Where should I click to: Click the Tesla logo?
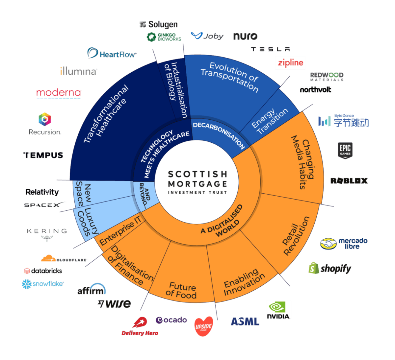point(270,49)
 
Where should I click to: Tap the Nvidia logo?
point(278,310)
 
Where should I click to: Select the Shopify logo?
point(330,268)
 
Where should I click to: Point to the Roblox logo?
point(349,181)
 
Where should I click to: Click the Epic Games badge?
point(345,151)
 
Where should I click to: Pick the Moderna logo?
point(59,93)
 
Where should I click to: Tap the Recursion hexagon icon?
point(45,119)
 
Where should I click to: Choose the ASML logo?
point(245,321)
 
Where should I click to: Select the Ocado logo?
point(171,320)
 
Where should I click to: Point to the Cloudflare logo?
point(64,259)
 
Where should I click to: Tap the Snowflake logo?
point(43,284)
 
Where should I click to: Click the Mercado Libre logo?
point(344,244)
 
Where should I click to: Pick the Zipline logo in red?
point(290,62)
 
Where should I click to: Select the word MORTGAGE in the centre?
point(197,183)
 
